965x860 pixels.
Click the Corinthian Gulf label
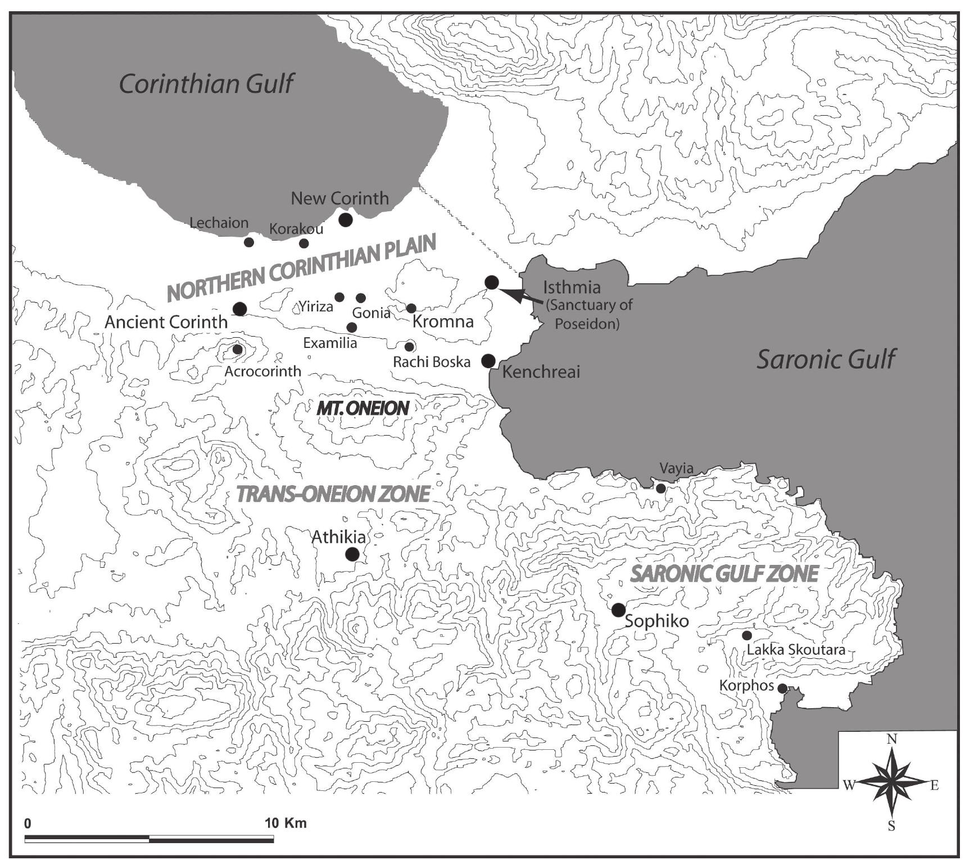[x=206, y=84]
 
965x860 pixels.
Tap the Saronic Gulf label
[x=825, y=359]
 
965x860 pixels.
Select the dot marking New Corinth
[x=346, y=219]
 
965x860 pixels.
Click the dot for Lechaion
[x=249, y=242]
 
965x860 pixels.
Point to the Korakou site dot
[x=304, y=243]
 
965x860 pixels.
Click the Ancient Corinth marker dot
[x=240, y=309]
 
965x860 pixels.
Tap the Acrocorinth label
[x=262, y=372]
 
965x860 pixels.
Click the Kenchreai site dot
[x=488, y=360]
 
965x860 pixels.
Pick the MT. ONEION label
[x=363, y=408]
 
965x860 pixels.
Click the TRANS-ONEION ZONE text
[x=333, y=494]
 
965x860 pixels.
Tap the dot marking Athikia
[x=352, y=554]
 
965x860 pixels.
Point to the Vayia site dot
[x=661, y=488]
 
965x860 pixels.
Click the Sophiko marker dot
[x=618, y=610]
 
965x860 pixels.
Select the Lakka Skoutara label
[x=796, y=650]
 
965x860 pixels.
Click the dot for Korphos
[x=782, y=688]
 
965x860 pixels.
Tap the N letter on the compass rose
[x=891, y=739]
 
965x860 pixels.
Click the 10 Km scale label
[x=286, y=823]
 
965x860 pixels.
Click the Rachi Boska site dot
[x=409, y=347]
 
